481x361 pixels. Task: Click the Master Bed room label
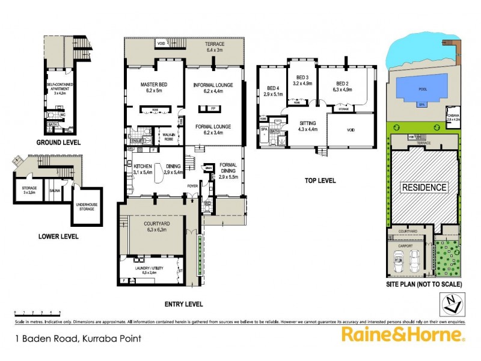pos(153,87)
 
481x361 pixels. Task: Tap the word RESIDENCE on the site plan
pos(424,187)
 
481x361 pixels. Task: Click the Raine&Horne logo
pos(402,335)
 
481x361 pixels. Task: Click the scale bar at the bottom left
pos(38,313)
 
